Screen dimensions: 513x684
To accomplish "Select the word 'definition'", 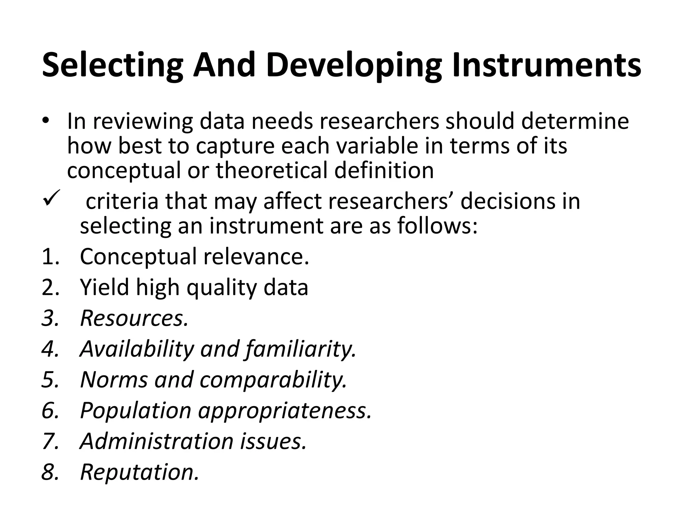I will (384, 170).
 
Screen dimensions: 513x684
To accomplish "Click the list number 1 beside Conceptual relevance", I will (50, 256).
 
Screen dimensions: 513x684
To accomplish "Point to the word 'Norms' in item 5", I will (114, 380).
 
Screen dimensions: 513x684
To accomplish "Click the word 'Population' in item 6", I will (136, 410).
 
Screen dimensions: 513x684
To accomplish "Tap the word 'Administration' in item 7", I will (157, 441).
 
